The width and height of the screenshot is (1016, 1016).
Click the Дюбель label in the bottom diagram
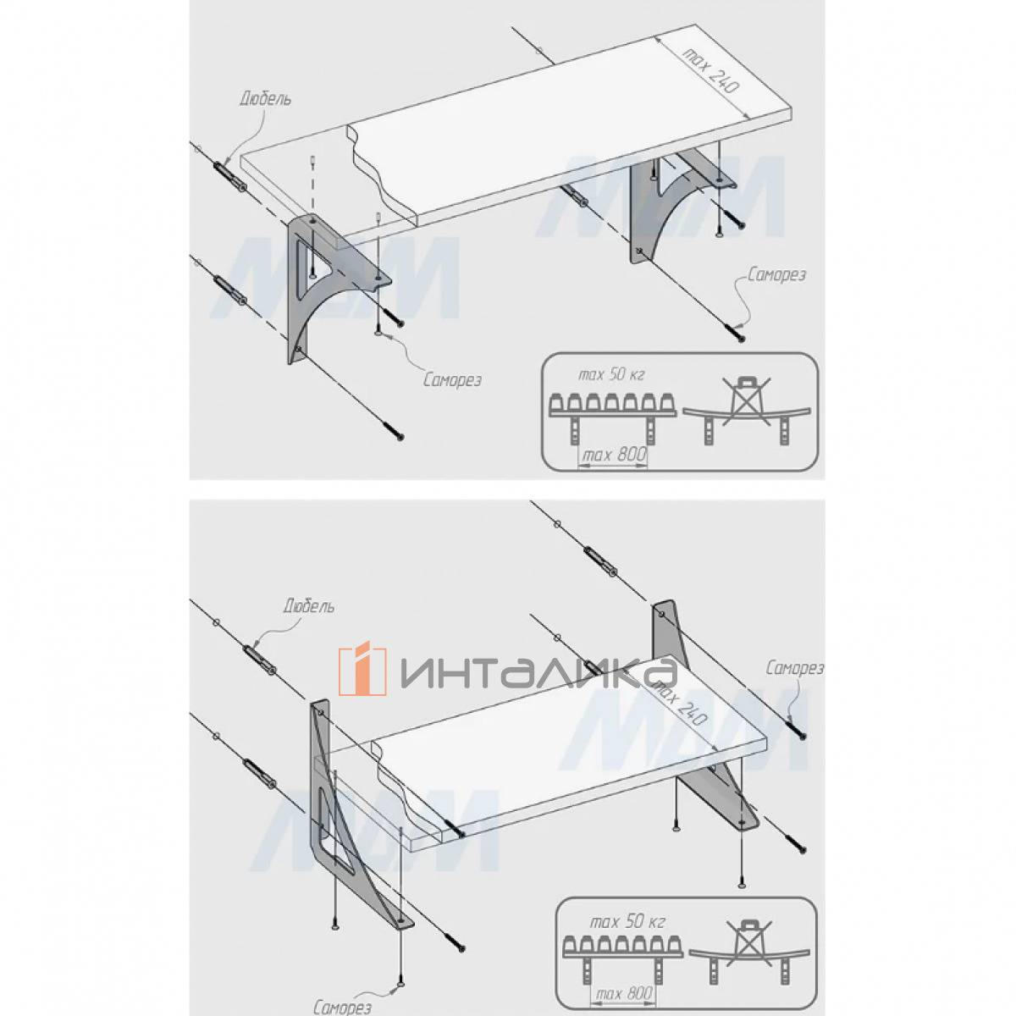[308, 606]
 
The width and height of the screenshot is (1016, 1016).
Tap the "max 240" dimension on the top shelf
[710, 70]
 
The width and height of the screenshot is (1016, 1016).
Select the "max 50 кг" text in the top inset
[611, 375]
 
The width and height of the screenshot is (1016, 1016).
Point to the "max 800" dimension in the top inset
[613, 454]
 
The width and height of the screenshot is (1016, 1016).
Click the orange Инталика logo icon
[362, 670]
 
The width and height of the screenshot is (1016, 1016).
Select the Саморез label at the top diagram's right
[776, 275]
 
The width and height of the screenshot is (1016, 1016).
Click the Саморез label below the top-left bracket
[453, 380]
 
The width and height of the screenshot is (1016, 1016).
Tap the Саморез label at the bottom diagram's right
[794, 669]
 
